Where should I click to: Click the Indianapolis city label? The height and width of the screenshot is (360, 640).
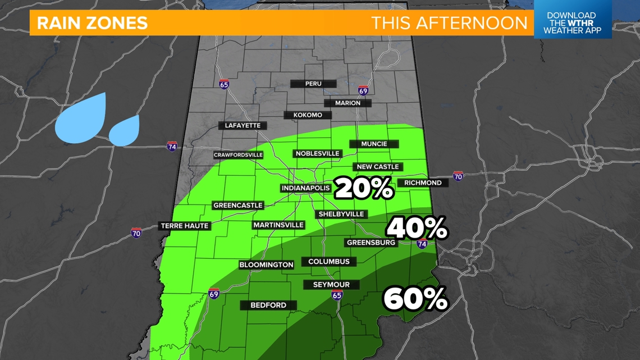click(305, 188)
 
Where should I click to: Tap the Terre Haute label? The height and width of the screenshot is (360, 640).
click(185, 226)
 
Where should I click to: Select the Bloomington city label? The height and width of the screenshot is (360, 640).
click(266, 265)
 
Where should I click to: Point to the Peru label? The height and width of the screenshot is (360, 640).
click(313, 84)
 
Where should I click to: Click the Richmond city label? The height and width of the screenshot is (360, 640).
click(423, 183)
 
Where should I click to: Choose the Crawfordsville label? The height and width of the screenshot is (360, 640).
click(238, 155)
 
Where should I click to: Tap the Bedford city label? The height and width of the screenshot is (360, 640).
click(268, 305)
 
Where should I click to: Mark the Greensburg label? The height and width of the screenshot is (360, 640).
click(372, 243)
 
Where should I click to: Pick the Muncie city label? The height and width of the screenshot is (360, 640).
click(374, 144)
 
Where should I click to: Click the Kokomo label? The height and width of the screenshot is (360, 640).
click(308, 115)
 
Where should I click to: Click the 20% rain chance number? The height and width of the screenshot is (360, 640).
click(364, 189)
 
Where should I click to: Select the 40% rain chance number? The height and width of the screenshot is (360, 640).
click(417, 228)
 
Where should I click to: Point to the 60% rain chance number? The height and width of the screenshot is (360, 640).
click(415, 299)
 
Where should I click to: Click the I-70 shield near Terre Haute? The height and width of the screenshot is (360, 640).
click(136, 233)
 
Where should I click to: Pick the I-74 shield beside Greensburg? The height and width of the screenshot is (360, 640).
click(422, 244)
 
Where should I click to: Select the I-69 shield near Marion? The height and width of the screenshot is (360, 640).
click(363, 90)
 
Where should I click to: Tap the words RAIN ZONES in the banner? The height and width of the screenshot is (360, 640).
click(92, 23)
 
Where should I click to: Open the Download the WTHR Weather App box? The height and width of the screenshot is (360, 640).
click(572, 23)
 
